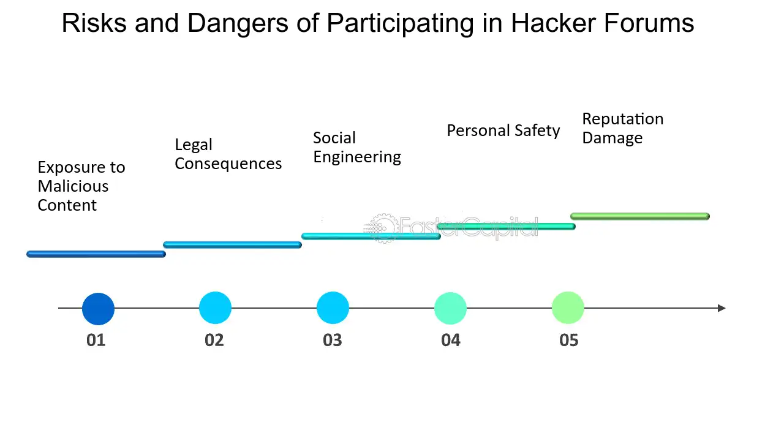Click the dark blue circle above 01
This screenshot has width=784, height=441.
98,309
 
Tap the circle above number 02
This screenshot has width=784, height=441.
215,307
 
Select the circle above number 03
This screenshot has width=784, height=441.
333,307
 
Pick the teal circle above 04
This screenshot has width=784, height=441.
450,308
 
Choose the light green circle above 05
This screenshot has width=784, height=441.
568,307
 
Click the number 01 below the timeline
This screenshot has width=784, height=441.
96,340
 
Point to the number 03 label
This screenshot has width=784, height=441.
332,340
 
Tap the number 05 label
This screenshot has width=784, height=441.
569,340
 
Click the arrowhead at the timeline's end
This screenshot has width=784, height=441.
722,308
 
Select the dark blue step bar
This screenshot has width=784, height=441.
96,254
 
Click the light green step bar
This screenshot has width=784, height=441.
640,216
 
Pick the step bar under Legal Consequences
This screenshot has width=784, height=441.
232,244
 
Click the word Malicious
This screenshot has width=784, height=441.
73,186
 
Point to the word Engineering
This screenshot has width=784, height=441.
357,157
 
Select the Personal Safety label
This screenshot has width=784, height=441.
503,131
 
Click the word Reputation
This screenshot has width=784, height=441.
623,119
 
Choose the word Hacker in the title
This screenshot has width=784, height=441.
553,23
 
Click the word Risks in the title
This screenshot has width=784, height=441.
94,23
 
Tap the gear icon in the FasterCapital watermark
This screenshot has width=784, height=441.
383,228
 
